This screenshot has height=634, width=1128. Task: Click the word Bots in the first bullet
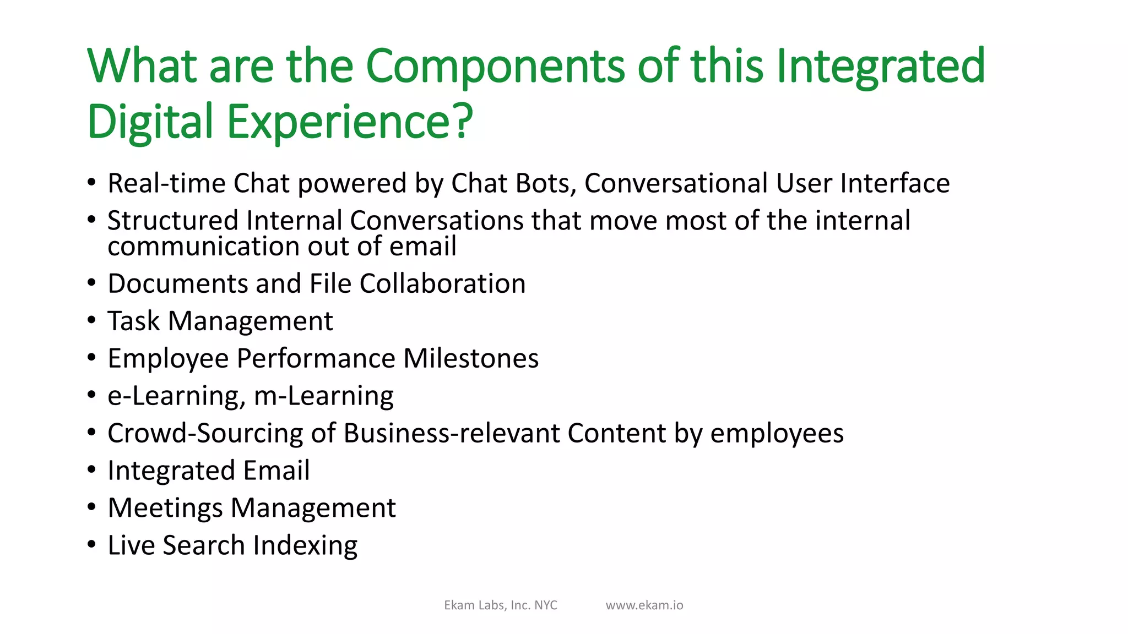click(545, 183)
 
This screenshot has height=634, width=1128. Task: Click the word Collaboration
click(442, 284)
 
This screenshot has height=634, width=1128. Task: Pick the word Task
click(133, 321)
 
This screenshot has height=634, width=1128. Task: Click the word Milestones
click(471, 358)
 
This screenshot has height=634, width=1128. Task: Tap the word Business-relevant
click(452, 433)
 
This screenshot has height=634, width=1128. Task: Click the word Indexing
click(305, 545)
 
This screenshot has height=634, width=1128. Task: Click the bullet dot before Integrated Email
click(91, 470)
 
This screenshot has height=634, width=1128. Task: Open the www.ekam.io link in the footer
click(644, 605)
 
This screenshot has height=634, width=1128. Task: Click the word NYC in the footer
click(546, 605)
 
